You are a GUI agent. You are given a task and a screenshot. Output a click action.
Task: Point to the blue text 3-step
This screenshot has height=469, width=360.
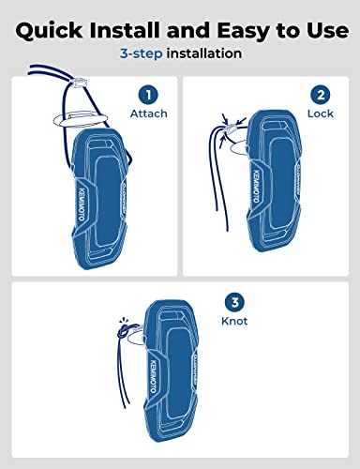click(x=142, y=53)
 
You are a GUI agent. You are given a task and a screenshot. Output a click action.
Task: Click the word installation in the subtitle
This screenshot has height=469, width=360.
click(x=204, y=53)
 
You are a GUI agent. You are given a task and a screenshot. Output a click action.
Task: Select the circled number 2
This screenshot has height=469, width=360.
click(x=320, y=94)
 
